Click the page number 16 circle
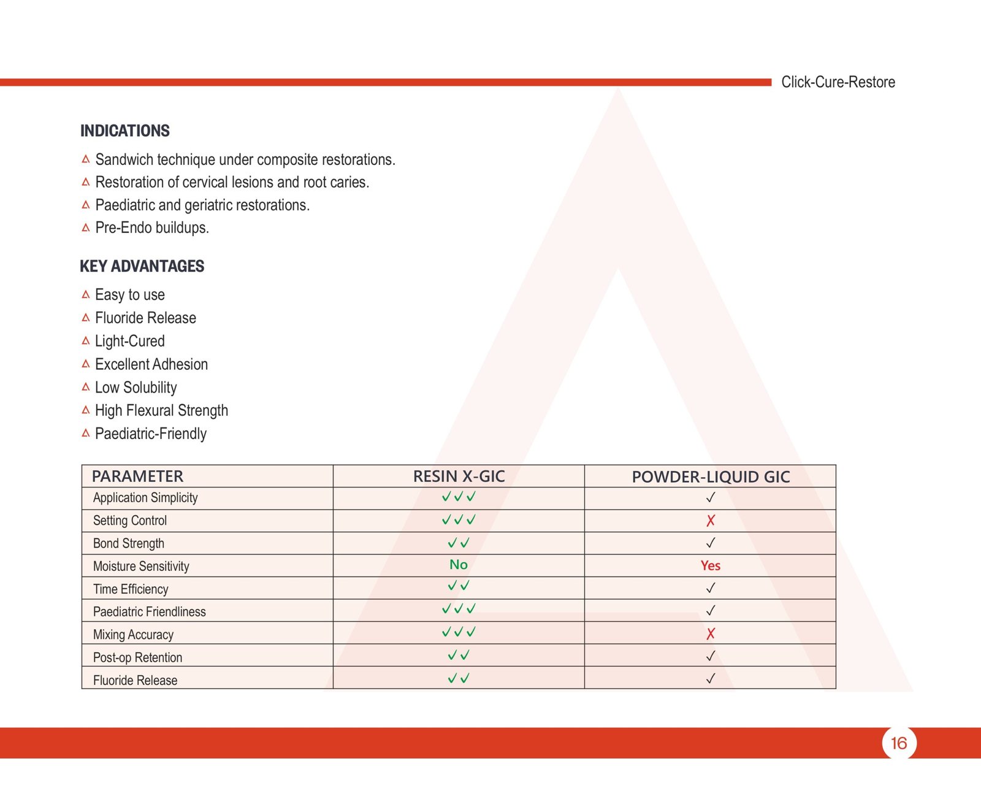click(x=899, y=743)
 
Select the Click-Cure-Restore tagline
click(x=838, y=82)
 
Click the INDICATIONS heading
click(x=125, y=131)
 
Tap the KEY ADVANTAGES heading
click(x=142, y=266)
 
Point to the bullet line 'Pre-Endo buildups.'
click(x=152, y=228)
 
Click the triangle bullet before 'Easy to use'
click(x=86, y=295)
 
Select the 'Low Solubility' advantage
click(x=136, y=388)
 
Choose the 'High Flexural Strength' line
click(x=161, y=410)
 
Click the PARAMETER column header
click(x=137, y=477)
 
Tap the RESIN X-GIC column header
click(x=459, y=477)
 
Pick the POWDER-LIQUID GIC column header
click(x=711, y=477)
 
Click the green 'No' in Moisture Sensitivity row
click(x=459, y=565)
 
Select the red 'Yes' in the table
click(x=711, y=565)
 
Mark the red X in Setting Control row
click(x=711, y=521)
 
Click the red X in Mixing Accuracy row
click(x=711, y=634)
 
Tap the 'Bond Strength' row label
click(x=129, y=543)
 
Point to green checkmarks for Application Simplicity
click(x=459, y=497)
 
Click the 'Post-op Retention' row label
click(x=137, y=657)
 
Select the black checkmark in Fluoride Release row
click(x=711, y=678)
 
